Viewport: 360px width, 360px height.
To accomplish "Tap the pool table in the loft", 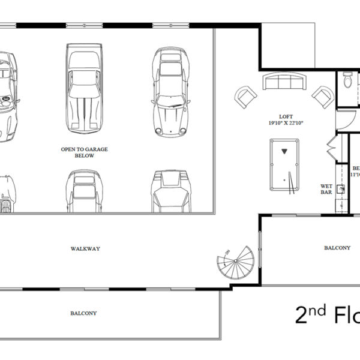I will click(x=284, y=164).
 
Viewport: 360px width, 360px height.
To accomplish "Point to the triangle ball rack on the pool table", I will click(x=284, y=150).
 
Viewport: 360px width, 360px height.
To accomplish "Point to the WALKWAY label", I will click(x=84, y=247).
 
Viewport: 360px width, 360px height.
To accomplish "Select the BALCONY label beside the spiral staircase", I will click(x=337, y=247).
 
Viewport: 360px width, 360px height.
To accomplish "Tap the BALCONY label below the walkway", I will click(x=83, y=313).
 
